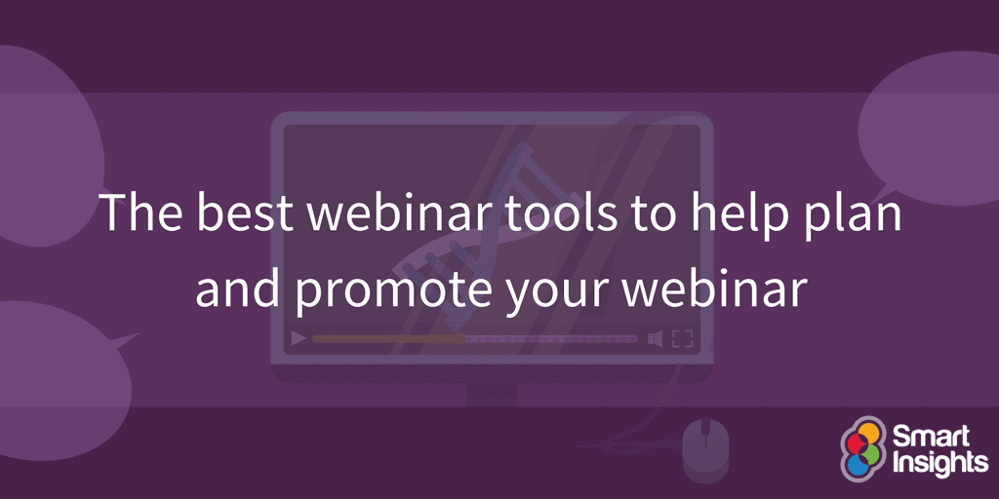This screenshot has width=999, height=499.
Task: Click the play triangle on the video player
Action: point(299,339)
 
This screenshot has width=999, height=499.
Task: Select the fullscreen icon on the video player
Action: point(682,339)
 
